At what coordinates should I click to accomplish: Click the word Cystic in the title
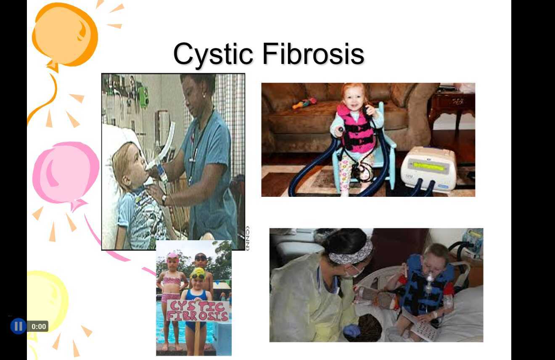(213, 54)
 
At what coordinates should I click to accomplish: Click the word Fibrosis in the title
(313, 54)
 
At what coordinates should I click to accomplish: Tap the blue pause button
(18, 326)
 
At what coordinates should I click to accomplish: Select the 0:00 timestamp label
(38, 326)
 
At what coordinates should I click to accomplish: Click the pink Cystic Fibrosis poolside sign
(198, 310)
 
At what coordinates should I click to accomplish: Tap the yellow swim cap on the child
(198, 274)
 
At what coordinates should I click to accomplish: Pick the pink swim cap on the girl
(172, 256)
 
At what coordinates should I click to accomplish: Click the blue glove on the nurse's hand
(351, 331)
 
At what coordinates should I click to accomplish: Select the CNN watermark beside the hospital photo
(247, 238)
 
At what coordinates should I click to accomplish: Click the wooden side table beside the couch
(452, 105)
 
